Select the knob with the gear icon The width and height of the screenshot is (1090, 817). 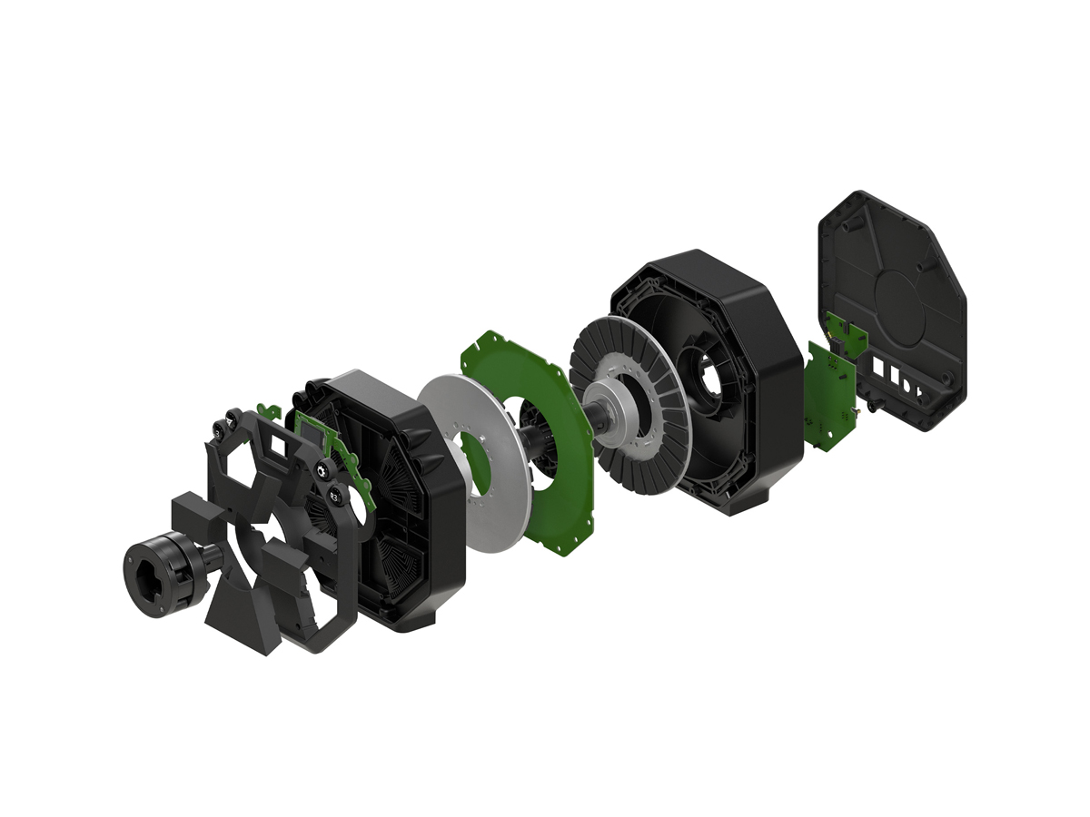(x=321, y=468)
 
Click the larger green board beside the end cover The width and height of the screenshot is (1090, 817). (x=828, y=399)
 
